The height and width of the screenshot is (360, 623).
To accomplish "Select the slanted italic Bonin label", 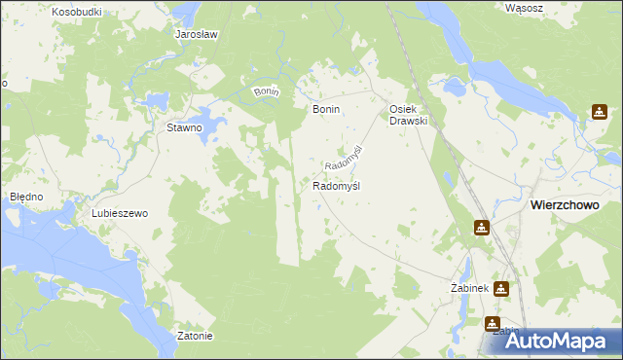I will point(266,91).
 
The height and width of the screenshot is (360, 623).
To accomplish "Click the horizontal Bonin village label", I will point(325,110).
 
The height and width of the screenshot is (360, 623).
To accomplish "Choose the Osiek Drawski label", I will point(409,115).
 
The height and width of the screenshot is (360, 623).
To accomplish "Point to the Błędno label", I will point(26,197).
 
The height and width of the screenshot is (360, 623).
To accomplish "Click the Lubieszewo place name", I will point(118,213).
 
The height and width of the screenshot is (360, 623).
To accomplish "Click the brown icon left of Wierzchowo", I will point(482,228).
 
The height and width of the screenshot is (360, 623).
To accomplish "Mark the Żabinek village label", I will point(468,289).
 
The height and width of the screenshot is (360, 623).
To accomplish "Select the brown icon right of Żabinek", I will point(500,288).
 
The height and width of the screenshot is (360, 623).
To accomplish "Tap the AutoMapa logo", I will point(556,340).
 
